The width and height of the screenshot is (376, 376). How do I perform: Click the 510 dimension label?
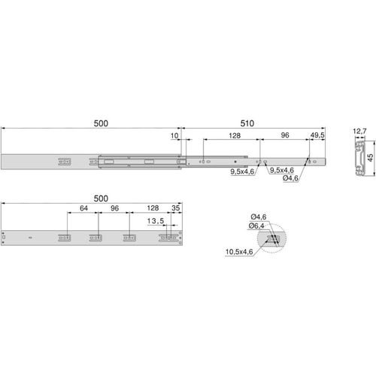tap(247, 123)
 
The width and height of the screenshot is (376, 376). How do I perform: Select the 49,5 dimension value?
tap(317, 135)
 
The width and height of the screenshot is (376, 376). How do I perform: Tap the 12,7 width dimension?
tap(359, 131)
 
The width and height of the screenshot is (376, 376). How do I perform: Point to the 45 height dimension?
tap(370, 158)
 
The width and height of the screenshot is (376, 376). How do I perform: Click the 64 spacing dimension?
tap(83, 208)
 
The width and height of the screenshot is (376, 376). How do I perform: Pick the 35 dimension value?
tap(176, 208)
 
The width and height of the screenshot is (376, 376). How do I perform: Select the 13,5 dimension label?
tap(156, 221)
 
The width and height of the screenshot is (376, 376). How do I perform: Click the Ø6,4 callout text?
tap(256, 226)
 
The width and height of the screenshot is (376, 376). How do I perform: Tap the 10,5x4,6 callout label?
tap(239, 252)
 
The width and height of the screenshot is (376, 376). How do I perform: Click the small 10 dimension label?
tap(174, 136)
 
